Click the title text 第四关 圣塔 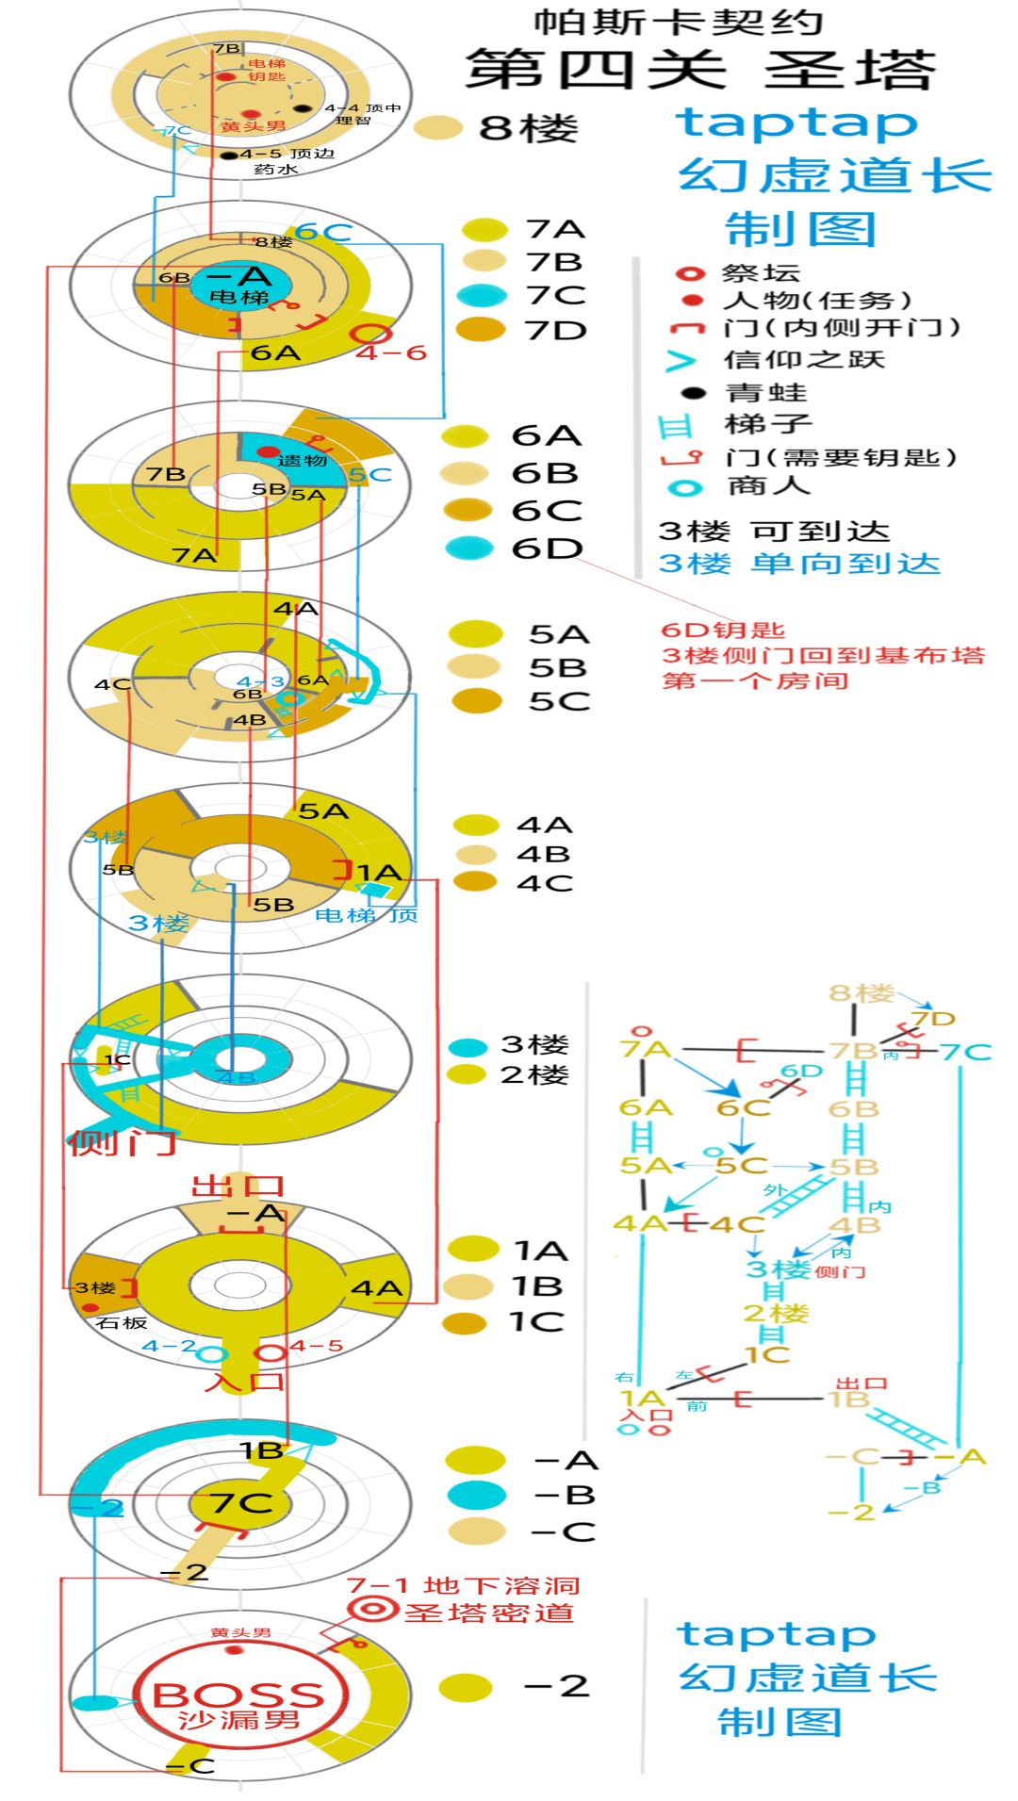[x=700, y=70]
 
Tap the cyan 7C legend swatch [x=482, y=295]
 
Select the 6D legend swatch [x=468, y=548]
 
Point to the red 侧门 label [x=122, y=1143]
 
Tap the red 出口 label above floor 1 [x=238, y=1185]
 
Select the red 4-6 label [x=391, y=352]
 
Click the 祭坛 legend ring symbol [x=690, y=273]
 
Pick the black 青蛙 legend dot [x=693, y=392]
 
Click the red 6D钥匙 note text [x=723, y=630]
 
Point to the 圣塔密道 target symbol [x=372, y=1610]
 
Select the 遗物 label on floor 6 [x=302, y=460]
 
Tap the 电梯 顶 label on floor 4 [x=367, y=914]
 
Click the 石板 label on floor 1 [x=122, y=1323]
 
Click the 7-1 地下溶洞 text [x=463, y=1584]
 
